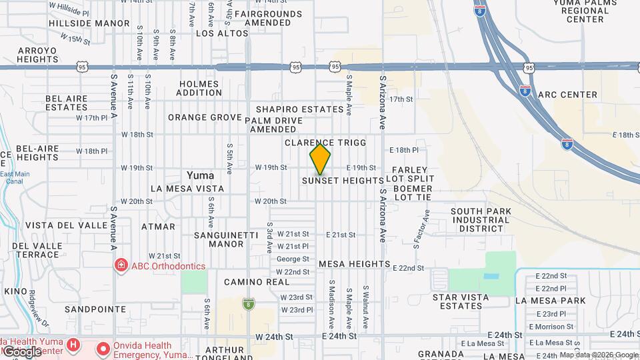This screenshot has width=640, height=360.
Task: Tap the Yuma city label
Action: (x=200, y=175)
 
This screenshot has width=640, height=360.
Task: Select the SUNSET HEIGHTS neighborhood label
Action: (x=343, y=181)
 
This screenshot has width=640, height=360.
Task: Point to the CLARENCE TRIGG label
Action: (x=325, y=143)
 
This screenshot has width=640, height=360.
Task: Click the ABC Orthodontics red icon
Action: (x=121, y=266)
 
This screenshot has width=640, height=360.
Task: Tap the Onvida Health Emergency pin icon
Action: (x=103, y=349)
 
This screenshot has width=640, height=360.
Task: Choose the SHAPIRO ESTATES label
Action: (x=299, y=109)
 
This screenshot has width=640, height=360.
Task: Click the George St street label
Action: (x=293, y=259)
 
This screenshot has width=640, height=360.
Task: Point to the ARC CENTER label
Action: (x=567, y=95)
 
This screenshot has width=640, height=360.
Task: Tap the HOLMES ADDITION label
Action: (x=200, y=88)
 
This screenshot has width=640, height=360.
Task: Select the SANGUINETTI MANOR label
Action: (x=219, y=239)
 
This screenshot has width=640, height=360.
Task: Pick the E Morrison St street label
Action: (x=551, y=326)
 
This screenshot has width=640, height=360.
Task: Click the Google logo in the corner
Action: (x=22, y=351)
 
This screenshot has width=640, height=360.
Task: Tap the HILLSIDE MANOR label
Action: (x=89, y=23)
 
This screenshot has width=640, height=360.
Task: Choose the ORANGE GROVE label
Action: (x=204, y=117)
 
